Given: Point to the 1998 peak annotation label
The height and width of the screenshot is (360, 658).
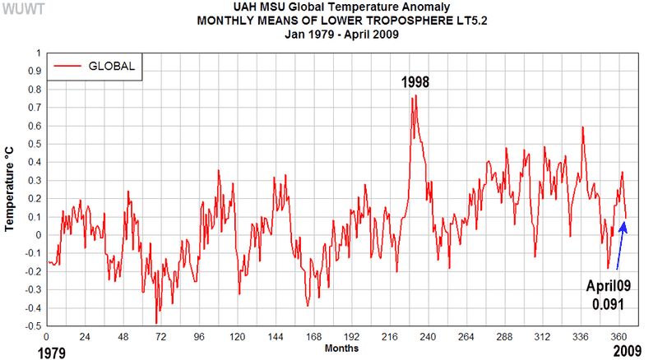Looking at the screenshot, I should coord(415,83).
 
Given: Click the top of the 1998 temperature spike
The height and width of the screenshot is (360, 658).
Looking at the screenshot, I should coord(415,95).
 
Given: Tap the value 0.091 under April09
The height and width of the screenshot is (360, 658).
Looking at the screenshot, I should coord(607,304).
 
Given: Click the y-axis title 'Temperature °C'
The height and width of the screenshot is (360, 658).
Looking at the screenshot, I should coord(11,189).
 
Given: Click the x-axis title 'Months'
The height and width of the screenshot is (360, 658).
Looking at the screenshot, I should coord(341,348).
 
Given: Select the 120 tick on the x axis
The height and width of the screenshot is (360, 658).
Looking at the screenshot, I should coord(238,336).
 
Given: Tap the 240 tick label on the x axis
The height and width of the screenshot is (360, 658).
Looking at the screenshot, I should coord(429,336).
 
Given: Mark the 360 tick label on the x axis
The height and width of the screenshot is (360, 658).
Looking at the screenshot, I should coord(619,336).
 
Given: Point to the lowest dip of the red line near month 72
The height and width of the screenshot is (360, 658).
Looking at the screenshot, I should coord(156,323).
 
